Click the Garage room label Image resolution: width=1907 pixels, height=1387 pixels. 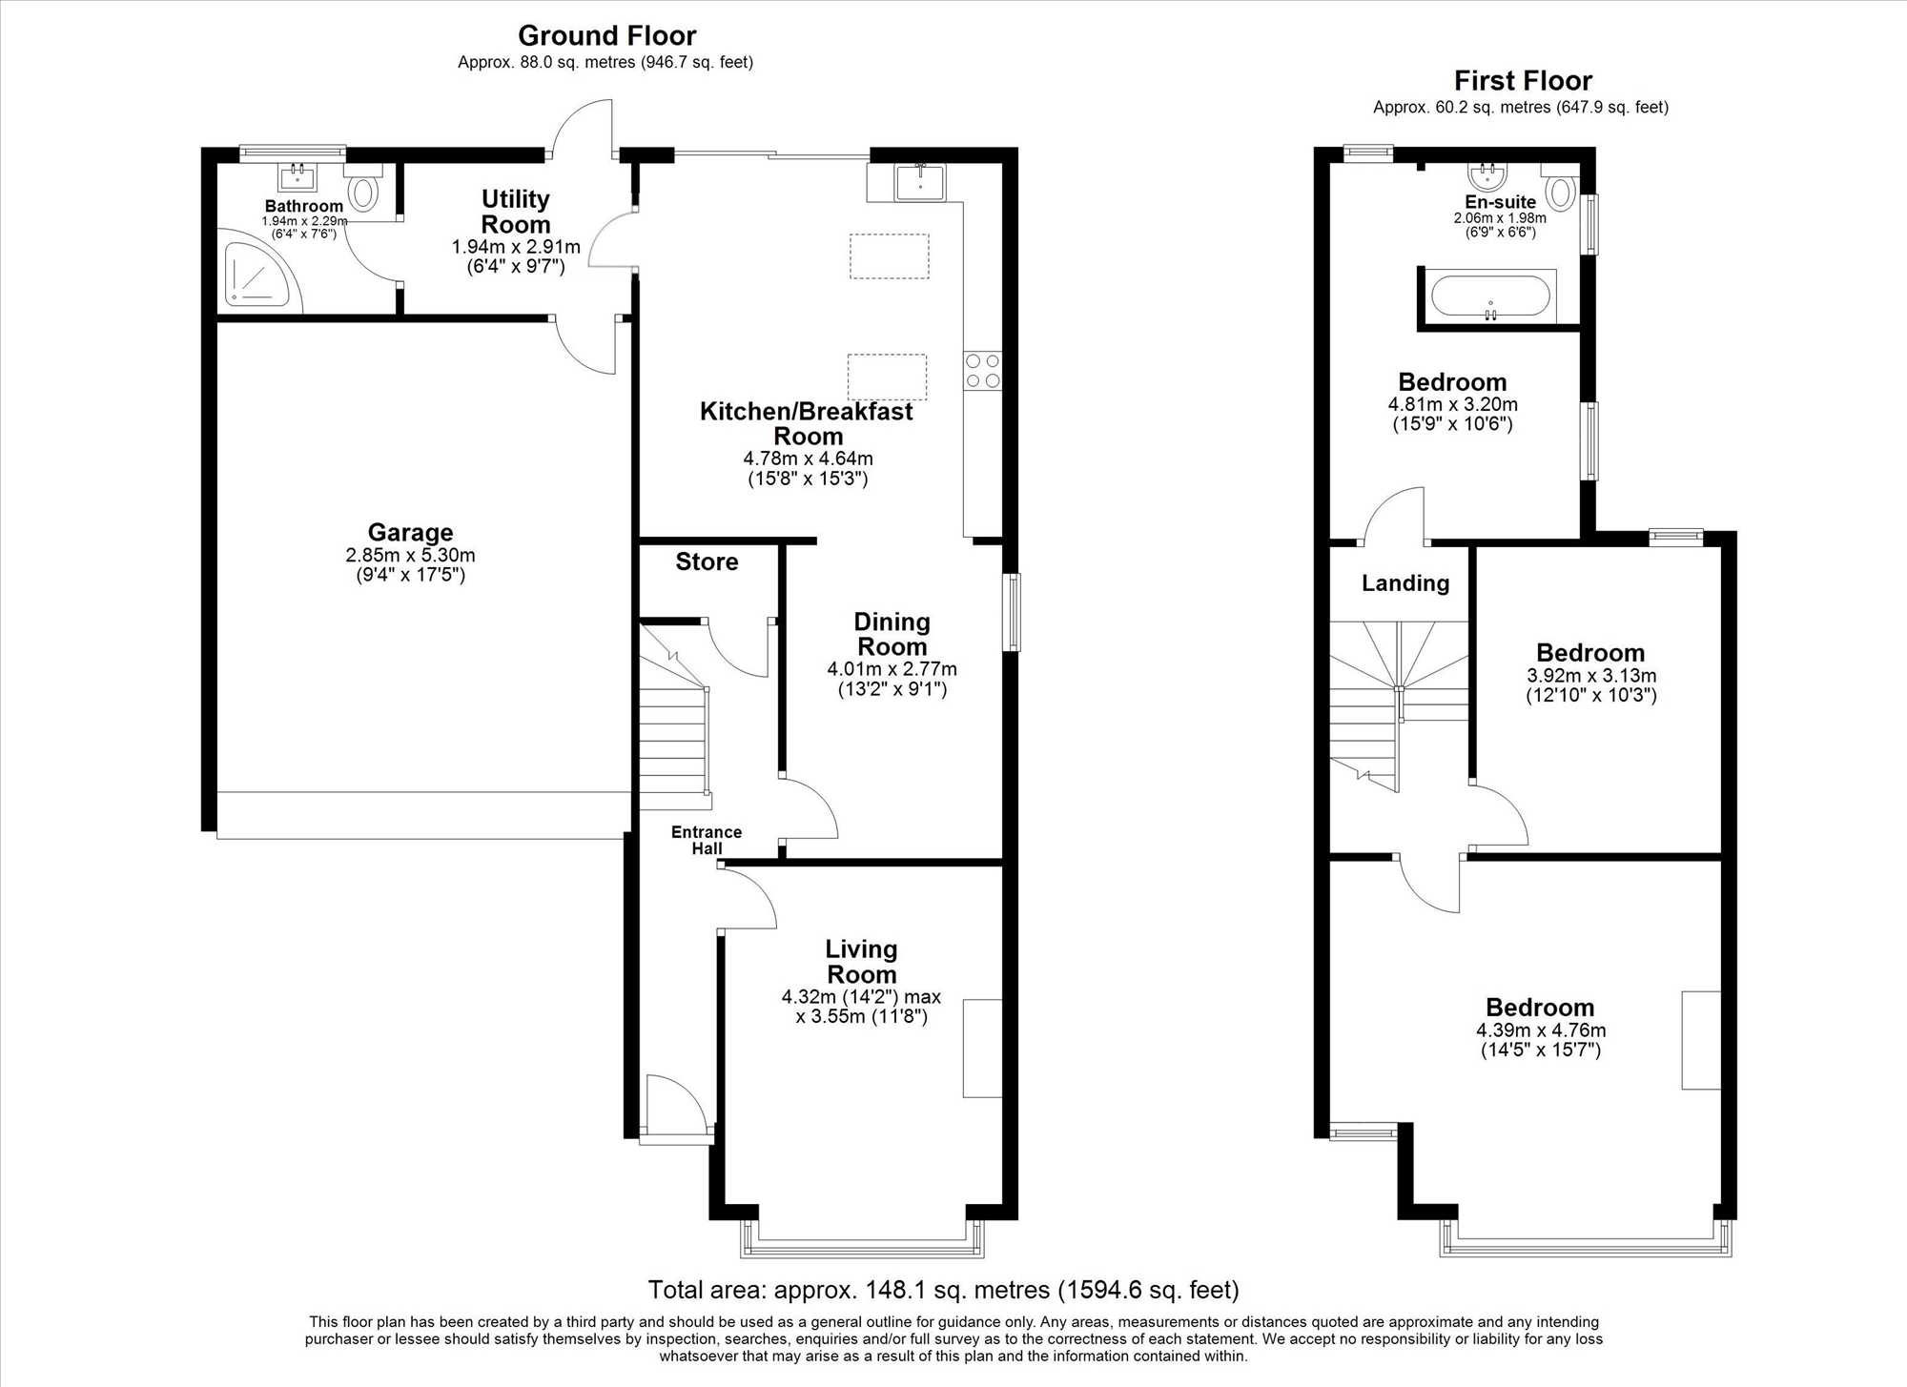click(x=410, y=533)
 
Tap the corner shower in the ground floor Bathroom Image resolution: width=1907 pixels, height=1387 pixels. click(x=257, y=275)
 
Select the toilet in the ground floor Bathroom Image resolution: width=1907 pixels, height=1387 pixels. click(x=363, y=187)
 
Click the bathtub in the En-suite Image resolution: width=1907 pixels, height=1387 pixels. click(x=1490, y=296)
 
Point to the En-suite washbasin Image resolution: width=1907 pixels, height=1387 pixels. click(x=1488, y=176)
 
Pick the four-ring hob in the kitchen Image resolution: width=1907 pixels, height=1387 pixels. click(x=983, y=370)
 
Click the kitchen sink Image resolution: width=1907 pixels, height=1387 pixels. click(x=920, y=182)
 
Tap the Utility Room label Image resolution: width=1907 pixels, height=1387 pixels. click(x=516, y=212)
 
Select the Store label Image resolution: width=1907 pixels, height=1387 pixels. click(x=707, y=561)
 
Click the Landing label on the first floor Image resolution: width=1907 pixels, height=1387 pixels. click(x=1405, y=583)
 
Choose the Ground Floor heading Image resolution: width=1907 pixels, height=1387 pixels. click(x=606, y=36)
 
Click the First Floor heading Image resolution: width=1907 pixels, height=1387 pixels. click(x=1523, y=81)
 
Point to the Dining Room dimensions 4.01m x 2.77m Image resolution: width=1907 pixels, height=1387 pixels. click(x=892, y=669)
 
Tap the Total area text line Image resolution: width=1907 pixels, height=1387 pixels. click(x=944, y=1290)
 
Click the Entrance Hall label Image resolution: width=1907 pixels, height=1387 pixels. click(x=707, y=840)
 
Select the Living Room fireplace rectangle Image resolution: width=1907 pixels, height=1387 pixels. click(x=982, y=1048)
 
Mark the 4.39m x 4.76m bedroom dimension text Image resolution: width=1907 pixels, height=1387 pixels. click(x=1541, y=1030)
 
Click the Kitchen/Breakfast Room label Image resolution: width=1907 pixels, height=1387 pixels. click(x=807, y=424)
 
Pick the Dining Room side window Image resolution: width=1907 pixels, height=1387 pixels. click(x=1012, y=612)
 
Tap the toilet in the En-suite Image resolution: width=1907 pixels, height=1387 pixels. click(x=1559, y=186)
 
